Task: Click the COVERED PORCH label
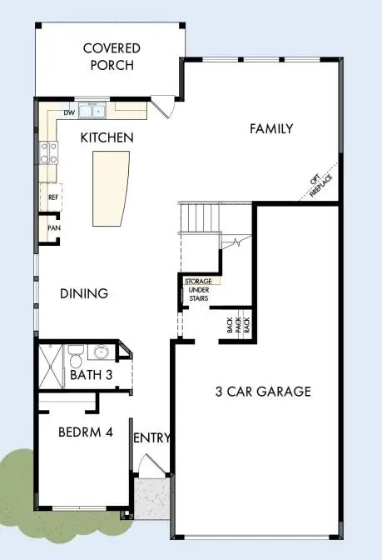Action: coord(111,57)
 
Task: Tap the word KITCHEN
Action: coord(107,136)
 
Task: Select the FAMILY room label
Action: coord(271,128)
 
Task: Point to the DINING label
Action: coord(84,293)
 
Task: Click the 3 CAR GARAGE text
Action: coord(263,391)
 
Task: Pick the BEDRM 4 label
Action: coord(84,433)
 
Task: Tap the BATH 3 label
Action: coord(91,376)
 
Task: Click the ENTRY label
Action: coord(151,438)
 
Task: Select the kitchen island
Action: coord(112,188)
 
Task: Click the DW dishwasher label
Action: coord(69,111)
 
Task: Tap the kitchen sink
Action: coord(92,109)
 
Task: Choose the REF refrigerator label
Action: coord(52,197)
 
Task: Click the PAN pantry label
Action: coord(52,227)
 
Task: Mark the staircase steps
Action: coord(200,218)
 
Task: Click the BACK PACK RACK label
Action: coord(237,326)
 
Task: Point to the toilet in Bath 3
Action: coord(76,356)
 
